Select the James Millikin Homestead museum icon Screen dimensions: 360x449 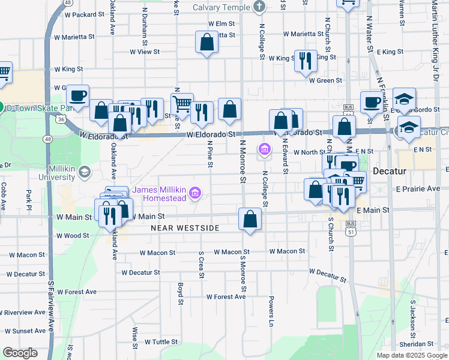[194, 193]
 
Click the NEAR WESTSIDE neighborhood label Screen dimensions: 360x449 [185, 228]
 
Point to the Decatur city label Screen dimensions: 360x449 [390, 171]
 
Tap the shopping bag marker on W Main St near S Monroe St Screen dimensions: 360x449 [250, 218]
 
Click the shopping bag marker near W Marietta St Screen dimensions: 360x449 [206, 42]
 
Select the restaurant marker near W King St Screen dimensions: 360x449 [306, 60]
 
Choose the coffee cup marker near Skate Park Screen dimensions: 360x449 [77, 95]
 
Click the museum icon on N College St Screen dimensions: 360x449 [264, 149]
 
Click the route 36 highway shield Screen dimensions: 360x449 [61, 119]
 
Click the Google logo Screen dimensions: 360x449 [20, 353]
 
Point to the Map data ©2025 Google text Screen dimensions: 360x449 [411, 355]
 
